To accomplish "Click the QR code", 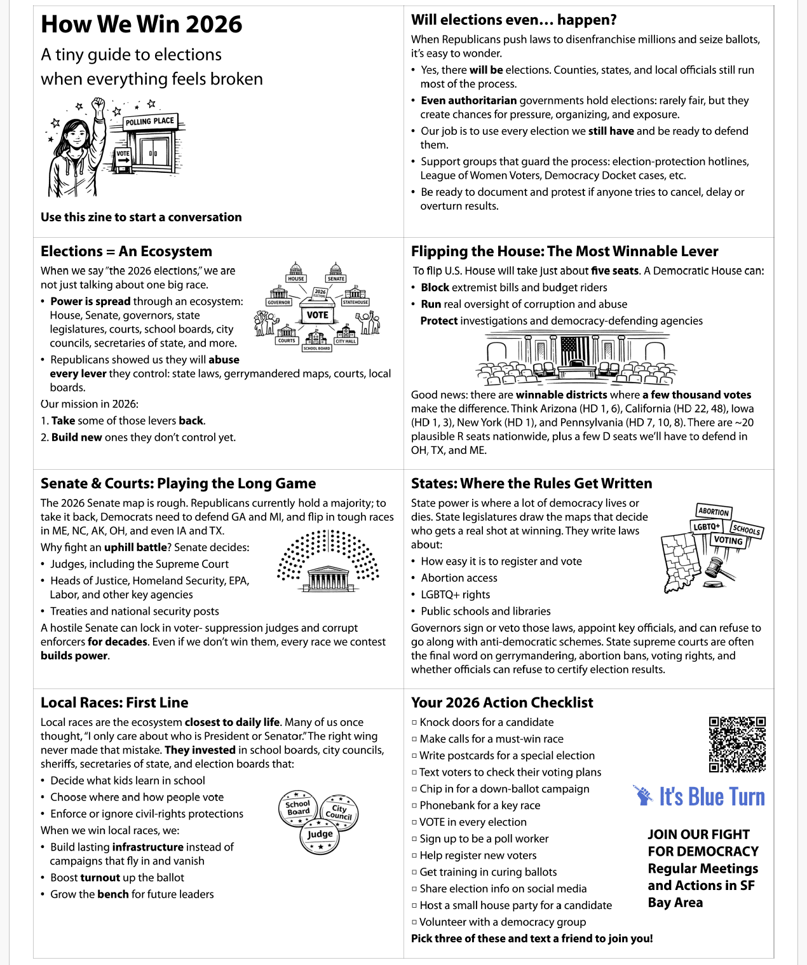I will (737, 744).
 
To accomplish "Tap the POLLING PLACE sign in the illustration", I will (149, 121).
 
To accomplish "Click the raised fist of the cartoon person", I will (98, 106).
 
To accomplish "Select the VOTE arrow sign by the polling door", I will (123, 156).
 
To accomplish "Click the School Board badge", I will (298, 808).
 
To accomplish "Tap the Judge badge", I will (320, 835).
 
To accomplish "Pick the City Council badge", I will (339, 812).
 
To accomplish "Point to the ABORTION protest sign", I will (714, 512).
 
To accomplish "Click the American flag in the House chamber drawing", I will (576, 349).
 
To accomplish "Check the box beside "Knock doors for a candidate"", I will (414, 723).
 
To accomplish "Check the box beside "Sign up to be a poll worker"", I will (414, 839).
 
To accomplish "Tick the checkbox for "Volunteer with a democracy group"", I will (414, 922).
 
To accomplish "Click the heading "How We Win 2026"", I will (141, 25).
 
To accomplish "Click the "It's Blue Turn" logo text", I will (711, 797).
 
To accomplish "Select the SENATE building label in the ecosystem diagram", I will (336, 278).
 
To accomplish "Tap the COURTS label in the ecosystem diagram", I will (287, 341).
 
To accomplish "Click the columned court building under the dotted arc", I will (328, 578).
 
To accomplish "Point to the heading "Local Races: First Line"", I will (114, 702).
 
